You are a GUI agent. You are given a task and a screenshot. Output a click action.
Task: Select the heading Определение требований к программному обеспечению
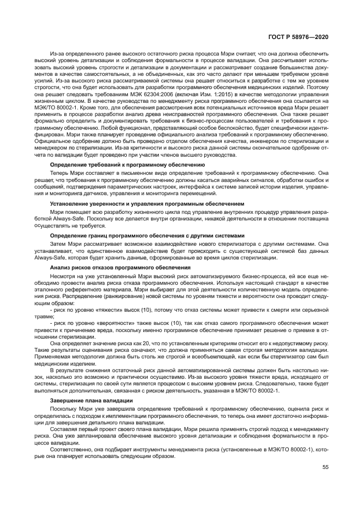127,164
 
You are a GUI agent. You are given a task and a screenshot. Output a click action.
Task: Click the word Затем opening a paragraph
59,244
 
